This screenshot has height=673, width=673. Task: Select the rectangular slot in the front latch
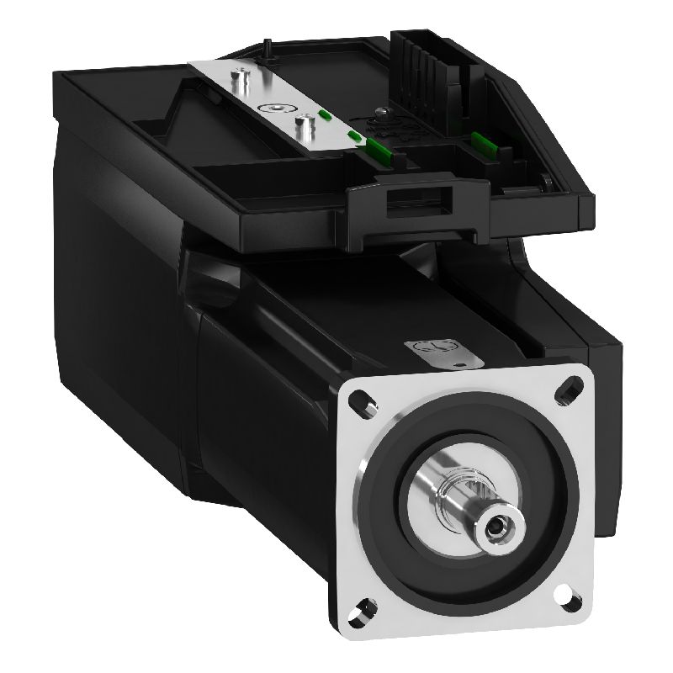tap(418, 201)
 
